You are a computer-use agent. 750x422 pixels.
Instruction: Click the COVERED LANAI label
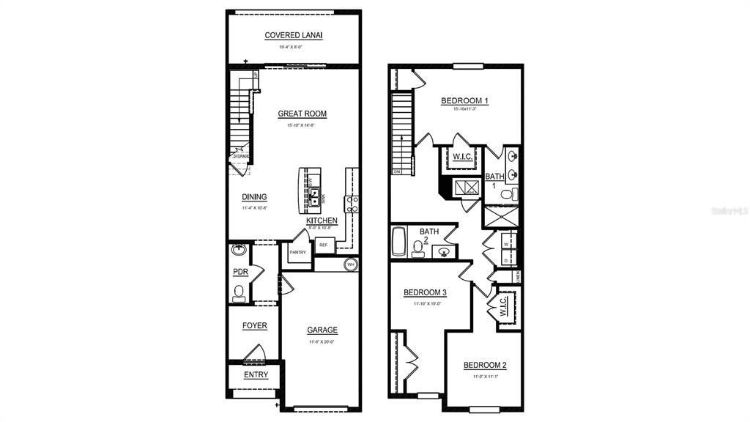294,35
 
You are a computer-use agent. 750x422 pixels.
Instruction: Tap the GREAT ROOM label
302,114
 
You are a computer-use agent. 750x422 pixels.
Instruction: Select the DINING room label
254,197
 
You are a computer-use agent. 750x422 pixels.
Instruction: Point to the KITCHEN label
322,221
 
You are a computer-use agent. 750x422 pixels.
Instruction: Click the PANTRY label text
297,252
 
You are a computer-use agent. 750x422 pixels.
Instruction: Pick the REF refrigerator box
323,245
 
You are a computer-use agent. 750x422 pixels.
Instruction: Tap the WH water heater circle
350,264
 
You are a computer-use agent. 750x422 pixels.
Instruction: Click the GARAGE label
322,330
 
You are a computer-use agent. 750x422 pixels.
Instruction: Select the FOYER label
254,326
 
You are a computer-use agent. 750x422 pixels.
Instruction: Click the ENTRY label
256,375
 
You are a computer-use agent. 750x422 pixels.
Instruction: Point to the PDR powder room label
240,272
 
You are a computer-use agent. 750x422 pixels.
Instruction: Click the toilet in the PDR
238,293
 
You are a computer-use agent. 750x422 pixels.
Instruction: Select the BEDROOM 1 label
464,100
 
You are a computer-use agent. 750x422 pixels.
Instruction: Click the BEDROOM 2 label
484,366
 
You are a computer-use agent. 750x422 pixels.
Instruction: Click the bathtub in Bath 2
399,243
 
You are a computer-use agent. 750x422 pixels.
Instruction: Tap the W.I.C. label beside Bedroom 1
461,157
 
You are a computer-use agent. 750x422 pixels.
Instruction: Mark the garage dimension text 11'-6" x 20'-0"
322,342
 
